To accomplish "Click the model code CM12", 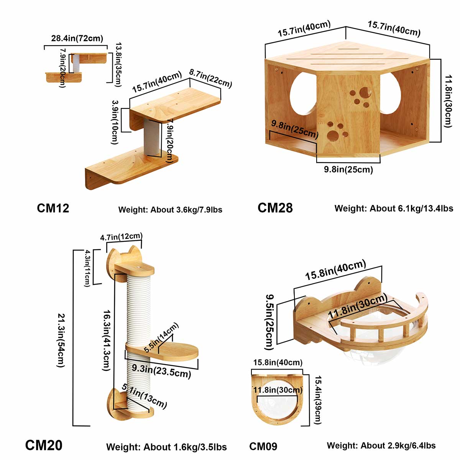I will pos(53,208).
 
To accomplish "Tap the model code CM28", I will pos(275,208).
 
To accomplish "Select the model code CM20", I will pos(44,445).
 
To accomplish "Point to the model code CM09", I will pos(263,446).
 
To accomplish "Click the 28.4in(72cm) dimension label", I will pos(77,38).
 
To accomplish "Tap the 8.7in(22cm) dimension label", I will pos(210,78).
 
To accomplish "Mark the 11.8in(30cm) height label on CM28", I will pos(448,101).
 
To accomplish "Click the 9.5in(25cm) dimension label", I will pos(270,322).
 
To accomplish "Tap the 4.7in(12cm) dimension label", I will pos(121,237).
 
